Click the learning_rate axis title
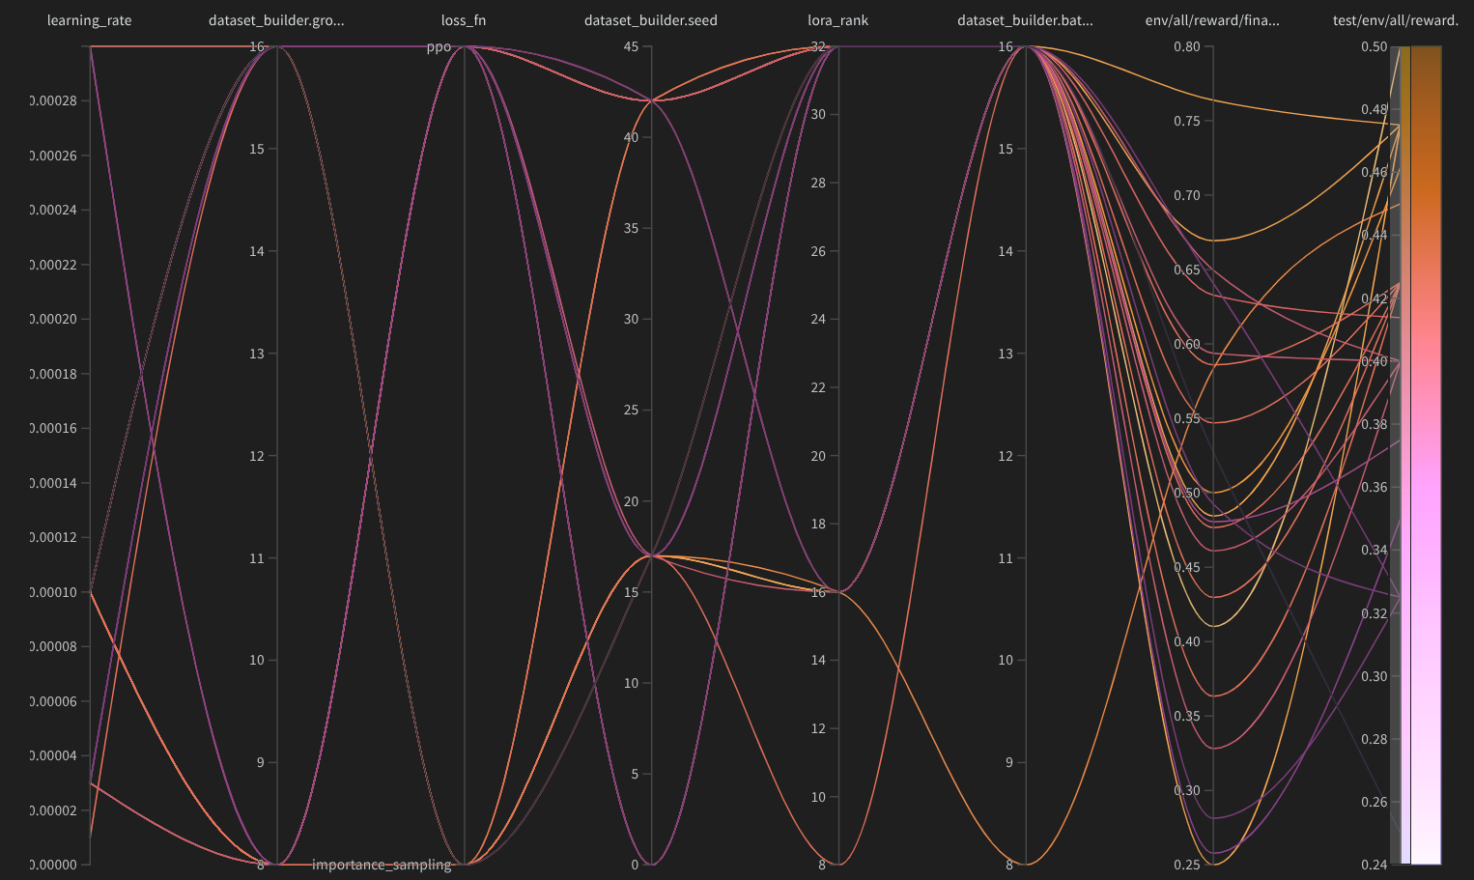(89, 20)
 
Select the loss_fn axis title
(464, 20)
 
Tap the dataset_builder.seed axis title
(650, 20)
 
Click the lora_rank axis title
(837, 20)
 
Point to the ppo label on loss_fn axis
(439, 47)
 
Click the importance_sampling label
(382, 865)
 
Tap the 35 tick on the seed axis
(631, 229)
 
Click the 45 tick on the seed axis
(631, 47)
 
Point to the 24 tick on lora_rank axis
(818, 320)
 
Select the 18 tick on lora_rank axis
(818, 525)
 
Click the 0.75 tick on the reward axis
(1187, 121)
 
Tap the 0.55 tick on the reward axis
(1187, 418)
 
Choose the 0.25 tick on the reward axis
(1187, 865)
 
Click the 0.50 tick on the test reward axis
(1374, 47)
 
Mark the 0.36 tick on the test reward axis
(1374, 488)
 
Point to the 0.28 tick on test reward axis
(1374, 739)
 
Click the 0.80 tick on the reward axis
(1187, 47)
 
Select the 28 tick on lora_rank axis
(818, 184)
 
